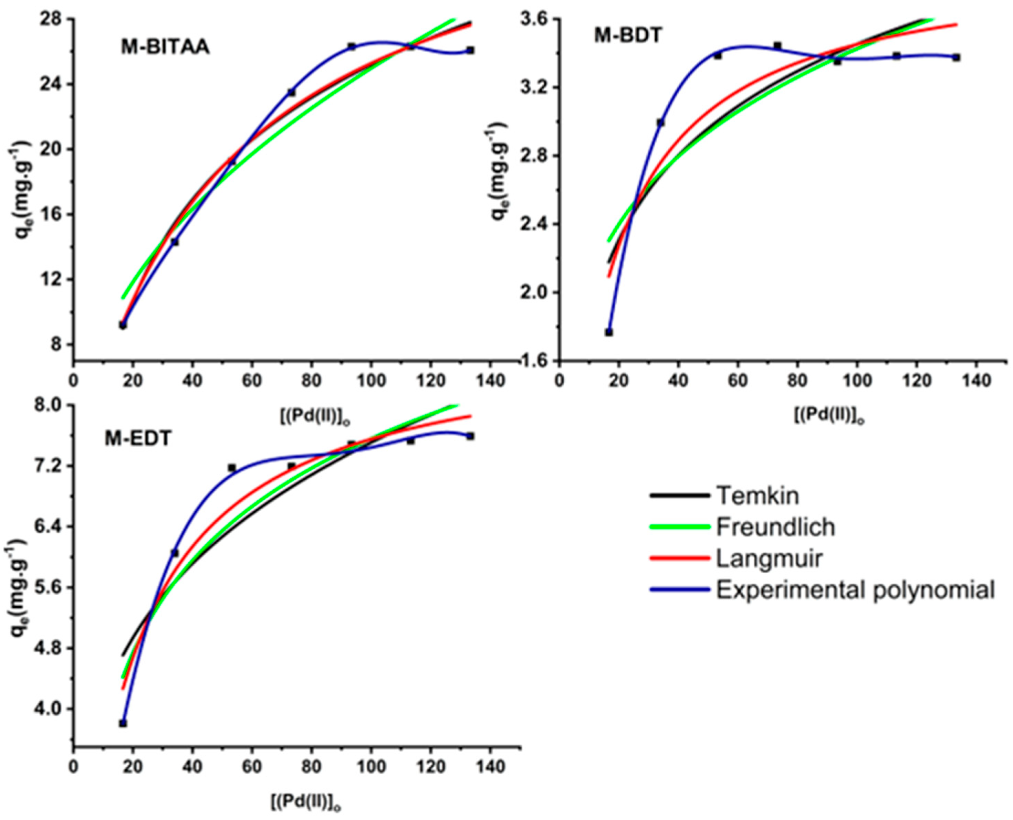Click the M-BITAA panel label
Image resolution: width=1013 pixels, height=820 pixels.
tap(165, 48)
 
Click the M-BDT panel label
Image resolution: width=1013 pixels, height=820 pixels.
tap(627, 36)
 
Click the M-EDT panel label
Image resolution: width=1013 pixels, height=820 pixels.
tap(137, 439)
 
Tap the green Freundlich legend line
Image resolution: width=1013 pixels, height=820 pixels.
tap(680, 527)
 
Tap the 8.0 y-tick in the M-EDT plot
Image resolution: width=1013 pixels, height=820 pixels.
tap(52, 405)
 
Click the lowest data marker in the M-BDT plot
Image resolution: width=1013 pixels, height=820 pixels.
tap(609, 332)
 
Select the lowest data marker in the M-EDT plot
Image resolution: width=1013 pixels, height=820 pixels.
tap(123, 723)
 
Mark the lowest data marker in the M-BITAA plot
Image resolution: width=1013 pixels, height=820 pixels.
tap(123, 325)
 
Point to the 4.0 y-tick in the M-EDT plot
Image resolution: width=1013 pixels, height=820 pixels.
tap(52, 709)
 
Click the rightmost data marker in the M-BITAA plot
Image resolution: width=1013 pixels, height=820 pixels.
tap(470, 50)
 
